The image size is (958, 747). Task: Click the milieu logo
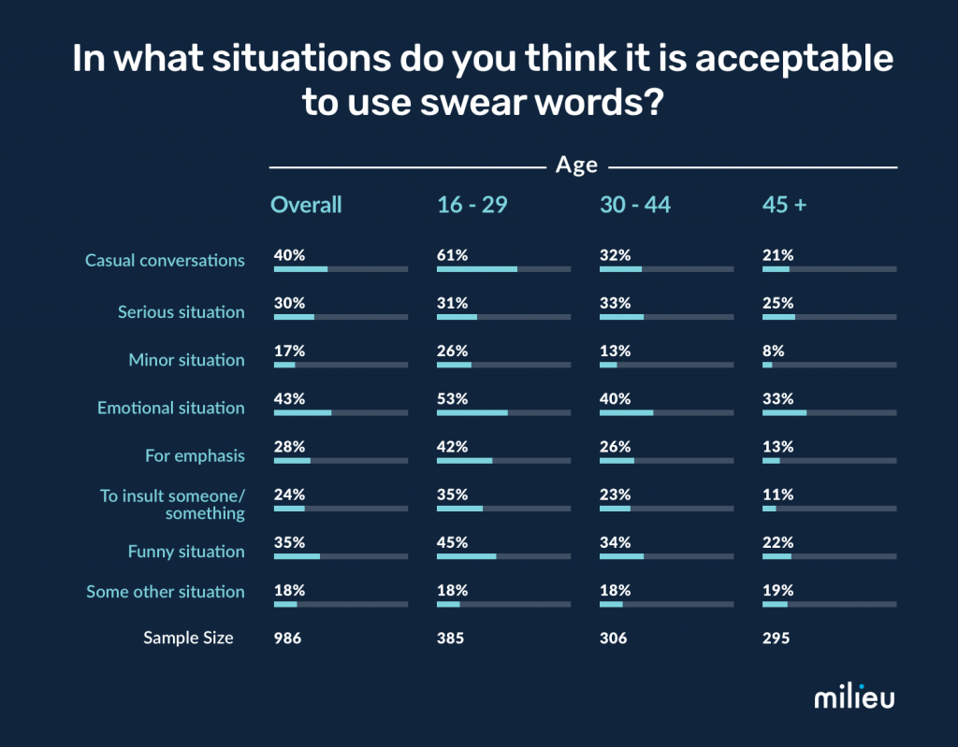click(854, 697)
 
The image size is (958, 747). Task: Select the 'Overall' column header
click(306, 205)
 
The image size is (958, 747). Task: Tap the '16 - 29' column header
click(472, 205)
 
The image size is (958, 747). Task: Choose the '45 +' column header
click(784, 205)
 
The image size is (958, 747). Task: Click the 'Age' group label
click(576, 165)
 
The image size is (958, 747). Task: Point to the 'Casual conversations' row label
click(165, 260)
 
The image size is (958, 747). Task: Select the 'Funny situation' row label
click(186, 552)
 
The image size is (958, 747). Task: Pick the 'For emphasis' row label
click(195, 455)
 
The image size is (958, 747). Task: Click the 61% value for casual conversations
click(452, 255)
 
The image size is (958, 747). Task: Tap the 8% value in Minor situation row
click(774, 351)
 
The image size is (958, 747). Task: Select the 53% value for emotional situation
click(452, 398)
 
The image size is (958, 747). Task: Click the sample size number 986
click(288, 639)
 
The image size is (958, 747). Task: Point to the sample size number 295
click(777, 639)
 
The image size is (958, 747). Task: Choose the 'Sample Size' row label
click(188, 639)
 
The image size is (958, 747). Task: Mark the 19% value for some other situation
click(777, 590)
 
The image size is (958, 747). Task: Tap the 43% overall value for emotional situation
click(289, 398)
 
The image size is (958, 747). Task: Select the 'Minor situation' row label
click(186, 360)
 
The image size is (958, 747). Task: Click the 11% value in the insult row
click(777, 495)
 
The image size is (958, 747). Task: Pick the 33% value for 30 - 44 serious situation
click(615, 303)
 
